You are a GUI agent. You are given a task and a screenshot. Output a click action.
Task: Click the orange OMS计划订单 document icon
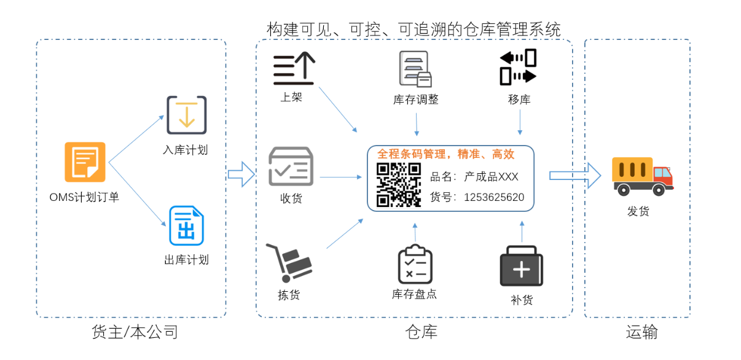85,162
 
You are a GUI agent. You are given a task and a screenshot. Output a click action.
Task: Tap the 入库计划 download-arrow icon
186,115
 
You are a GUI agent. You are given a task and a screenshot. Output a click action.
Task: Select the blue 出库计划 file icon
186,226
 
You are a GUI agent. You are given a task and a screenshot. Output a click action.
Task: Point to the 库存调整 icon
415,69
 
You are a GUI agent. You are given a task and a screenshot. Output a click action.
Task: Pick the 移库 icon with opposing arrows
518,67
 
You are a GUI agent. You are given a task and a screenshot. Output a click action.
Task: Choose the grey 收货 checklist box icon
291,166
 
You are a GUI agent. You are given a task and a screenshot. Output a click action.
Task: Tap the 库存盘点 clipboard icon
415,264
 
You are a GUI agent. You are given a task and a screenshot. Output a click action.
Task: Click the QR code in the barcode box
398,185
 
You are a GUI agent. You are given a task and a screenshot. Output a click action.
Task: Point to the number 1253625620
494,197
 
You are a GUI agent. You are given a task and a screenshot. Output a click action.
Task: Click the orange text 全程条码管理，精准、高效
445,154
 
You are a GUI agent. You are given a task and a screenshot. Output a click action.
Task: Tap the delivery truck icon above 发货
641,176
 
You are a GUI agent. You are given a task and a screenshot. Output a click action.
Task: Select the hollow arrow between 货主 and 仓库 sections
241,174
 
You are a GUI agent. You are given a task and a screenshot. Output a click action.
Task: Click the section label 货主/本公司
135,332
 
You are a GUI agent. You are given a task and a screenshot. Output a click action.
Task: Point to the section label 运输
641,332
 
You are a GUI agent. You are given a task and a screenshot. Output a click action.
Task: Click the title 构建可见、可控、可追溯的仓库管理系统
413,29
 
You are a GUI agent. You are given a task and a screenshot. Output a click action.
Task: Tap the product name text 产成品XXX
491,177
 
